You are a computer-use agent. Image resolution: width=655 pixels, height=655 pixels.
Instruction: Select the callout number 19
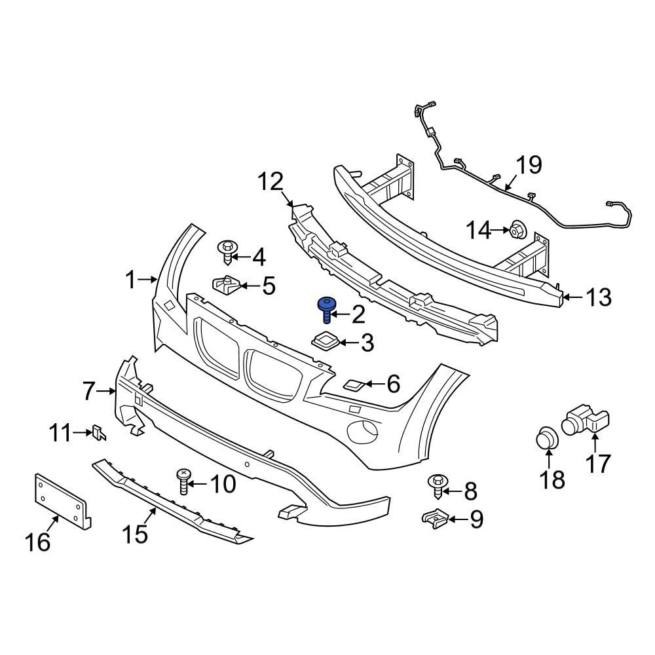coord(529,165)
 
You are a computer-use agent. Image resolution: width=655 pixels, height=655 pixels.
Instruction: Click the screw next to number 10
coord(183,482)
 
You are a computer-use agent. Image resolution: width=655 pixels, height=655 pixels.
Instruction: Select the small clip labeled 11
coord(100,433)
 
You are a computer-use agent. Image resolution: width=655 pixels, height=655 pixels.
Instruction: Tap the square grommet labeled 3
coord(324,341)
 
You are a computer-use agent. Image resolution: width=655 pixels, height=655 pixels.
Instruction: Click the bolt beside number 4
coord(227,252)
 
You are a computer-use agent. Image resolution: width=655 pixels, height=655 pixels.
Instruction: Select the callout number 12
coord(269,181)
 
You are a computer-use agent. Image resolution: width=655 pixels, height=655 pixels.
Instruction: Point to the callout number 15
coord(134,534)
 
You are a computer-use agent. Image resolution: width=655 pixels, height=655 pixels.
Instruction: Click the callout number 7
coord(90,391)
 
